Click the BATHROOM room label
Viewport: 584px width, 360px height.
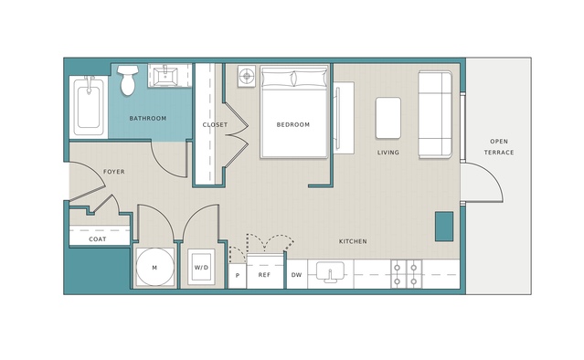pyautogui.click(x=148, y=119)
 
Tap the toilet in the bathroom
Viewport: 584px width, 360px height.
pyautogui.click(x=128, y=80)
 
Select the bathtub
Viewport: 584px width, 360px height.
pyautogui.click(x=89, y=107)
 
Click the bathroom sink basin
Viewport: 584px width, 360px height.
pyautogui.click(x=165, y=77)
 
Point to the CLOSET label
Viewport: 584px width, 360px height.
pyautogui.click(x=215, y=124)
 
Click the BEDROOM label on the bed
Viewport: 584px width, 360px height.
pyautogui.click(x=293, y=124)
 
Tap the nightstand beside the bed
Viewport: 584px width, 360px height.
pyautogui.click(x=247, y=77)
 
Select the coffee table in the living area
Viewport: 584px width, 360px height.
pyautogui.click(x=388, y=118)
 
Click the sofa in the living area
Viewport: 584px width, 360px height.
pyautogui.click(x=435, y=114)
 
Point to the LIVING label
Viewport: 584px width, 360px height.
pyautogui.click(x=388, y=153)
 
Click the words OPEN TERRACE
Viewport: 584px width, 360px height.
pyautogui.click(x=499, y=147)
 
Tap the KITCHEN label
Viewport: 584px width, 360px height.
pyautogui.click(x=353, y=241)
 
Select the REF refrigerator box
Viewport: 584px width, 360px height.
pyautogui.click(x=265, y=271)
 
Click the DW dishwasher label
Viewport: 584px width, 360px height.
pyautogui.click(x=296, y=275)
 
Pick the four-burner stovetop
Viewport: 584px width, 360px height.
pyautogui.click(x=406, y=274)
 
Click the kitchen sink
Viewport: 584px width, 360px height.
pyautogui.click(x=330, y=271)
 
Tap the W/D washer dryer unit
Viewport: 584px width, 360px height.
pyautogui.click(x=201, y=268)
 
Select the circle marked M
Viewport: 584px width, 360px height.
pyautogui.click(x=155, y=268)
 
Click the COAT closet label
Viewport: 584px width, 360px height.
pyautogui.click(x=98, y=239)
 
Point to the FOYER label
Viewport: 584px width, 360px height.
pyautogui.click(x=114, y=172)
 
